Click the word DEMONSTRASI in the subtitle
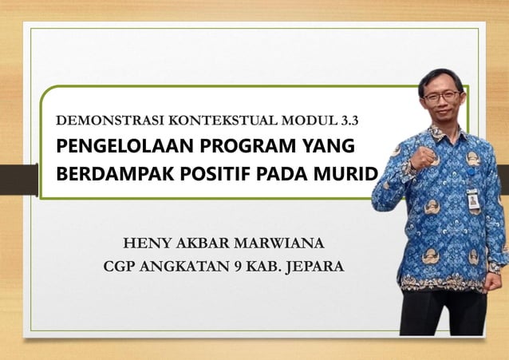(x=101, y=122)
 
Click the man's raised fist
(x=423, y=154)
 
